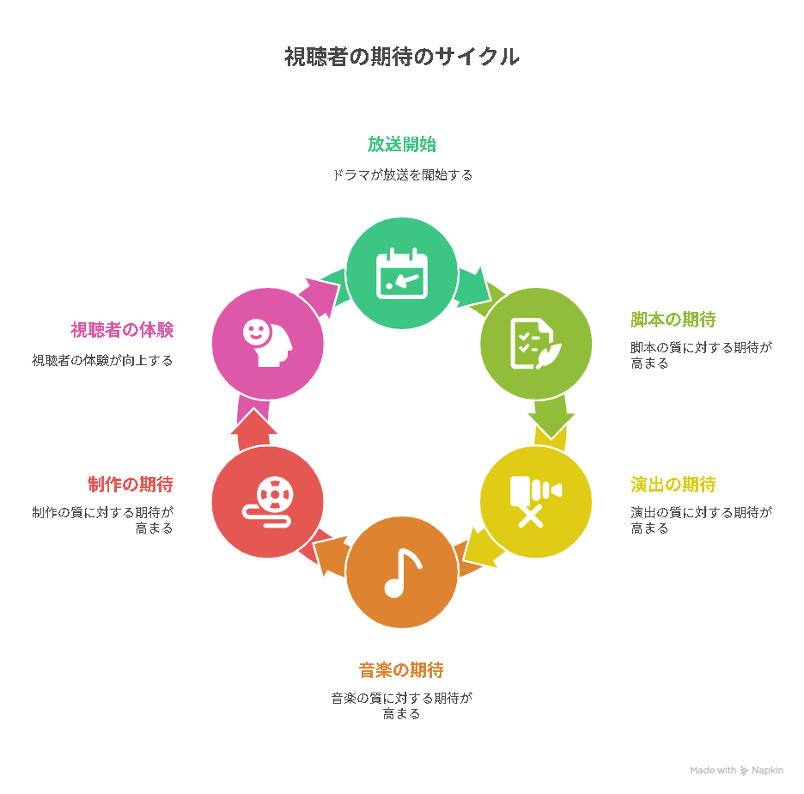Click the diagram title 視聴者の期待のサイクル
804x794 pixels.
coord(402,57)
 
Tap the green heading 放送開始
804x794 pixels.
coord(401,144)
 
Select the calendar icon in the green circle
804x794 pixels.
coord(401,273)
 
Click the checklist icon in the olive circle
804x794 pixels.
coord(536,344)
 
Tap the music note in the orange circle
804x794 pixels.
coord(403,573)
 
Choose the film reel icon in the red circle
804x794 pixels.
coord(268,502)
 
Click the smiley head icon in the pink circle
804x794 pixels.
coord(268,343)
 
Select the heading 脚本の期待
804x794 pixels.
coord(673,320)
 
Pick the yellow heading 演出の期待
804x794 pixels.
coord(673,484)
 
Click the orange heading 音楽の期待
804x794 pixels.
coord(401,670)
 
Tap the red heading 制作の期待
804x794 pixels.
coord(131,484)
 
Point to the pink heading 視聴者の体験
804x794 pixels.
coord(122,330)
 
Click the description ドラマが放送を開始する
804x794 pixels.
coord(402,175)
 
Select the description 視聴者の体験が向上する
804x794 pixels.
coord(102,361)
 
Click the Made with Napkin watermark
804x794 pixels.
coord(736,770)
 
